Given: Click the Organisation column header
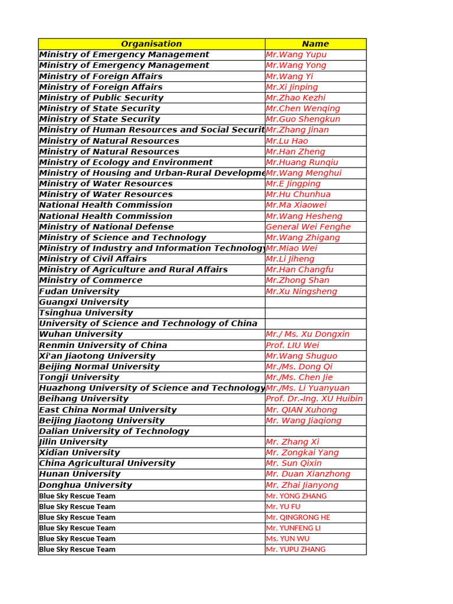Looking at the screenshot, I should (152, 44).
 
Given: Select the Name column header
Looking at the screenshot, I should (315, 44).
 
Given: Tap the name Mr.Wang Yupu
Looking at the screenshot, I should (296, 54).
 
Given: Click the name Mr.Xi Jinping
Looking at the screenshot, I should (292, 87).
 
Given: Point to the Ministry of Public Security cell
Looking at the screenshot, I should (101, 98).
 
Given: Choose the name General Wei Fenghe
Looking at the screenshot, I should (308, 226).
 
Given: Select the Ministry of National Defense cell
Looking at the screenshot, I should (107, 226).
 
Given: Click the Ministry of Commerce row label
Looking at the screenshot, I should (91, 280).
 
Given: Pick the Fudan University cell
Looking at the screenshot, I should (79, 291).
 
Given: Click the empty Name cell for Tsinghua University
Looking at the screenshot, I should (315, 313).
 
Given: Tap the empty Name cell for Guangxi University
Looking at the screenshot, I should (315, 302).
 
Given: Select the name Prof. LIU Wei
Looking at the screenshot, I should (293, 345).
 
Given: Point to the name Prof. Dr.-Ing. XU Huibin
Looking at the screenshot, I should (314, 399).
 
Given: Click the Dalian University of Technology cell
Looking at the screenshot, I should (114, 431).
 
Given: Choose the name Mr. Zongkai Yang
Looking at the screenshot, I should (302, 452).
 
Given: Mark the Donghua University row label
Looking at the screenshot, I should (86, 485).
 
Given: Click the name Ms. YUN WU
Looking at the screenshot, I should (287, 539).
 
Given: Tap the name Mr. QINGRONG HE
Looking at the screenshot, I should (298, 517).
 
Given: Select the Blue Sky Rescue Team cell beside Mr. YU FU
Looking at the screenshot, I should (77, 507).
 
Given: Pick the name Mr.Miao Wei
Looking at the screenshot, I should (291, 248).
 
